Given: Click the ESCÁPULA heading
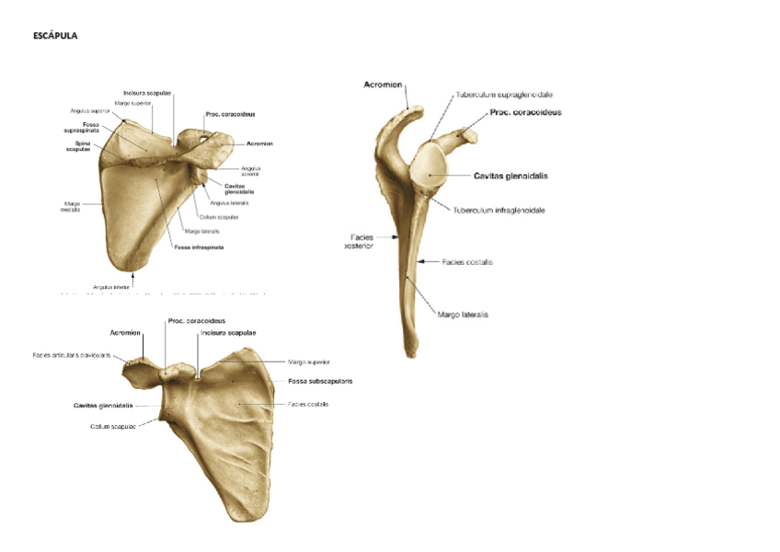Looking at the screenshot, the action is pyautogui.click(x=55, y=36).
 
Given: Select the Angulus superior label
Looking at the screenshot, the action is pyautogui.click(x=91, y=111).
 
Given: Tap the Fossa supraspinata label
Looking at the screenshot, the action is pyautogui.click(x=90, y=128).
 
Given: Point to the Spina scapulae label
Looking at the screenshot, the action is pyautogui.click(x=78, y=146).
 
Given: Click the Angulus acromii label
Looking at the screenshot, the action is pyautogui.click(x=251, y=171).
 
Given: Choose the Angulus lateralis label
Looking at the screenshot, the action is pyautogui.click(x=229, y=202).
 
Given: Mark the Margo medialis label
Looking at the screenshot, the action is pyautogui.click(x=71, y=207).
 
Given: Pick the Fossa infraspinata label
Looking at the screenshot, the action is pyautogui.click(x=200, y=247).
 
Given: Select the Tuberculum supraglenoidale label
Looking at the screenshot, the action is pyautogui.click(x=504, y=94).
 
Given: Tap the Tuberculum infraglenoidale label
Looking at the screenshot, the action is pyautogui.click(x=499, y=210).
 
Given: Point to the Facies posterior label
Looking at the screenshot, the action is pyautogui.click(x=360, y=241).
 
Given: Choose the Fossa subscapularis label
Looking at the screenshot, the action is pyautogui.click(x=320, y=380).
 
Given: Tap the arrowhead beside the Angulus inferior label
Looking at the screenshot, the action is pyautogui.click(x=134, y=274).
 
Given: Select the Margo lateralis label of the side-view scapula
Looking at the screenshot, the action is pyautogui.click(x=463, y=315).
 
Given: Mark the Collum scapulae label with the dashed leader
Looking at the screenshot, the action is pyautogui.click(x=113, y=426).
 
